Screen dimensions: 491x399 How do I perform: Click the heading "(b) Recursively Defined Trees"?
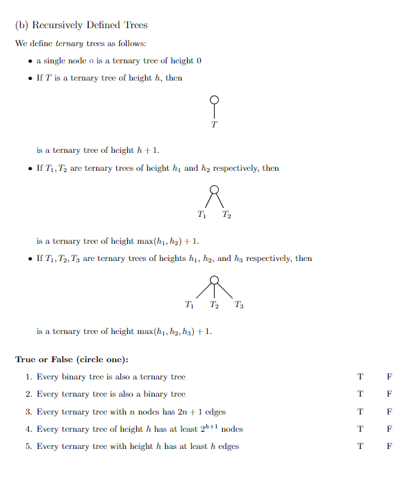[81, 25]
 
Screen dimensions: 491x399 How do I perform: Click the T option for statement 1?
[360, 377]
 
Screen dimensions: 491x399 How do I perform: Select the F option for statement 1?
[389, 377]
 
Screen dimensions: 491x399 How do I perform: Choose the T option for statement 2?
[360, 394]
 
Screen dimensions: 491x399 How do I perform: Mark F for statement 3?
[389, 412]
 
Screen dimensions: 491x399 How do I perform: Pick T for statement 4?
[360, 429]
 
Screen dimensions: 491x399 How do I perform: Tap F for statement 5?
[389, 446]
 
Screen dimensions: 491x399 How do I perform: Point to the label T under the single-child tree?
[214, 125]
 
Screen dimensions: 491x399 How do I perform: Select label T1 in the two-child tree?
[202, 214]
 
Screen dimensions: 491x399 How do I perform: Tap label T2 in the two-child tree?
[226, 214]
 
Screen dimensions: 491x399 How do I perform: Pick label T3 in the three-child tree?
[238, 304]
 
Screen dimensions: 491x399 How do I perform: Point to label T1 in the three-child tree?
[190, 304]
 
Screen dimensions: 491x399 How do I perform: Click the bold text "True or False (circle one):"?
[72, 359]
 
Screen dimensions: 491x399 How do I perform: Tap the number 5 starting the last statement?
[28, 446]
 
